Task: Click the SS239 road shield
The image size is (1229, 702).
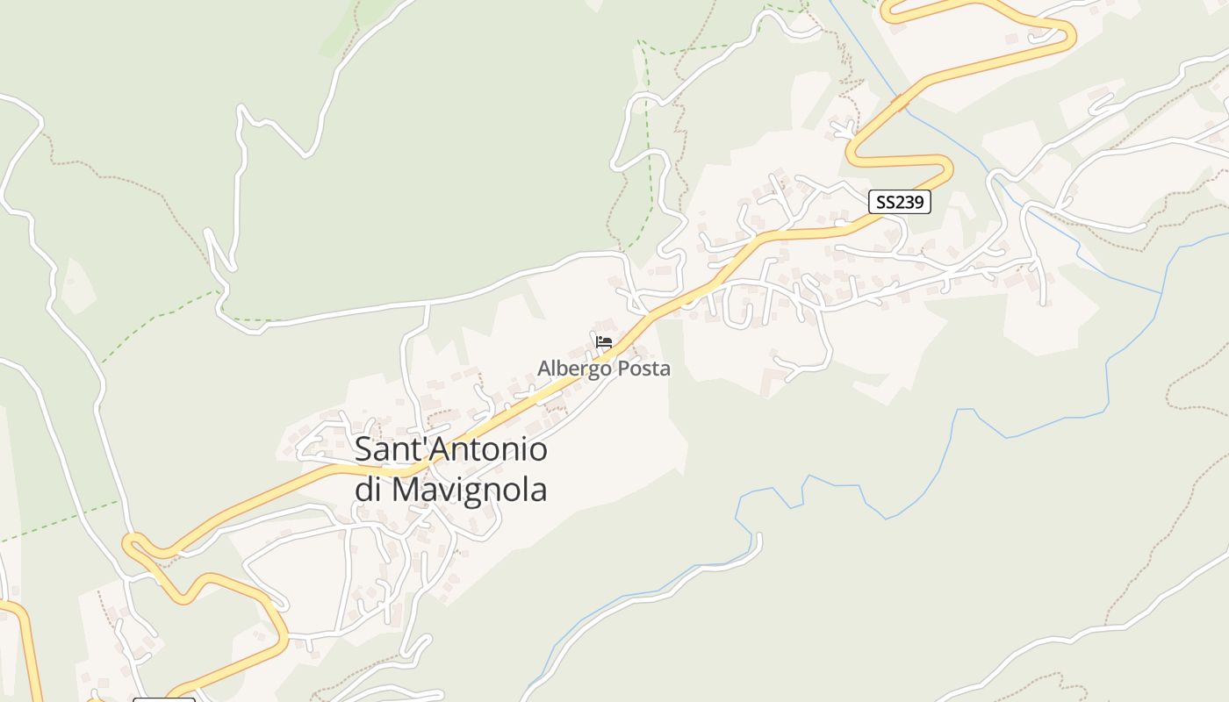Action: tap(900, 202)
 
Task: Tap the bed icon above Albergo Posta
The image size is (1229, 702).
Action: tap(603, 342)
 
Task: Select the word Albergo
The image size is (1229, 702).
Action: tap(575, 369)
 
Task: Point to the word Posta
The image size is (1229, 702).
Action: tap(644, 369)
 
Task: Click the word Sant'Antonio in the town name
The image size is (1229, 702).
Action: tap(451, 450)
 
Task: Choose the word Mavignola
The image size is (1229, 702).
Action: tap(469, 489)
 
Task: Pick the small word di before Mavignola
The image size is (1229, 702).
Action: tap(369, 489)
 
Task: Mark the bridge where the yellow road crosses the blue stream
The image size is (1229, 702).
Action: tap(900, 103)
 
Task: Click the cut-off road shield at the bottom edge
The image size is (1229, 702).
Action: tap(164, 700)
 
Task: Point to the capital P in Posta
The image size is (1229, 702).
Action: tap(624, 369)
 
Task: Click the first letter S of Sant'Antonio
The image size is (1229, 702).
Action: tap(363, 450)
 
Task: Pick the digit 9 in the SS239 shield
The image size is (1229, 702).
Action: tap(918, 202)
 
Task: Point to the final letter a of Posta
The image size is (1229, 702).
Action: tap(665, 369)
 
